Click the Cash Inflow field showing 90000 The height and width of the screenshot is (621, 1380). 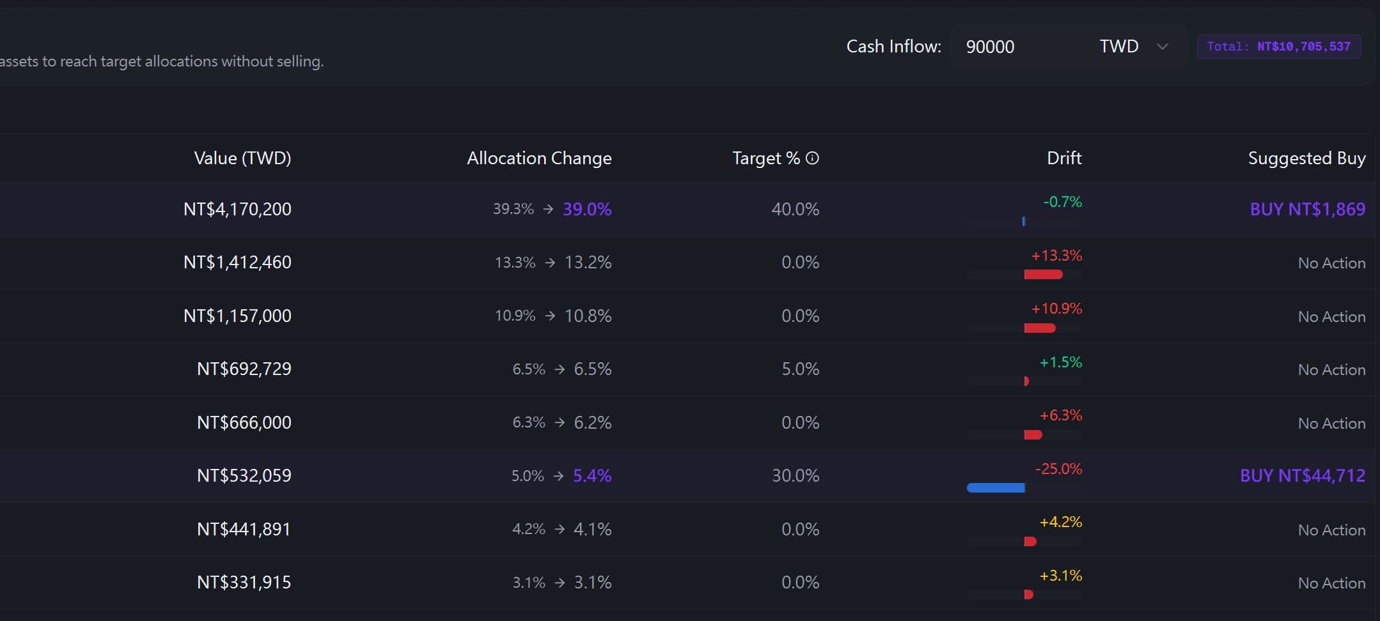[1020, 47]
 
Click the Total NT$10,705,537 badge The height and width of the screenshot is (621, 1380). [1279, 47]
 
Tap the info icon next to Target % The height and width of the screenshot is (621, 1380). [812, 158]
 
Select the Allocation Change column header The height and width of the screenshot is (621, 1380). [539, 158]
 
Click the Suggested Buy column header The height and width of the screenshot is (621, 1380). [1306, 158]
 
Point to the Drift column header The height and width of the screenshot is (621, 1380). [1064, 158]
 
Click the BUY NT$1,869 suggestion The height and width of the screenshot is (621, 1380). [1308, 209]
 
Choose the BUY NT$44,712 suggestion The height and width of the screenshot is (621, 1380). [1303, 475]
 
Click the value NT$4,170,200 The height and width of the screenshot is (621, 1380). [237, 209]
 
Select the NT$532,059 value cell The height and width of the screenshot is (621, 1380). [244, 475]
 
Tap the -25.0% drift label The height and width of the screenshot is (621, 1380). [1058, 468]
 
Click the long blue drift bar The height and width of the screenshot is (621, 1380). [996, 488]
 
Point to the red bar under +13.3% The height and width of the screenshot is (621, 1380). [1043, 275]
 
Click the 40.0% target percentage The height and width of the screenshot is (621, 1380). [795, 209]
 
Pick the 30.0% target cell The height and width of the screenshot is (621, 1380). [796, 475]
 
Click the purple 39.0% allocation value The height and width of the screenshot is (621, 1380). [587, 209]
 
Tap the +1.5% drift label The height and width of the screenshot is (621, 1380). [1060, 362]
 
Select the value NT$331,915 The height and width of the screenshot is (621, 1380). [244, 582]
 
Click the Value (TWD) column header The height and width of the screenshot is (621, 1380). [242, 158]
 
